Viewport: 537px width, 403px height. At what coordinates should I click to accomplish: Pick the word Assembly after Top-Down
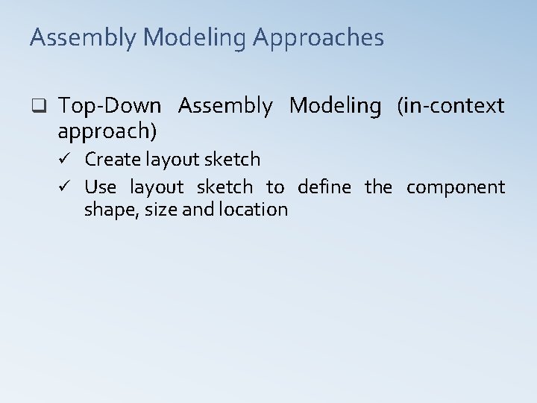(x=226, y=107)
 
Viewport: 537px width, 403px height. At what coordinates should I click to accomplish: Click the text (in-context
(x=450, y=107)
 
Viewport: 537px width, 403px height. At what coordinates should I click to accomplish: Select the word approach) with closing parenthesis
(x=107, y=132)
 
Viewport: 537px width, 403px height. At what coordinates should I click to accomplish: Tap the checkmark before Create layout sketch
(x=67, y=159)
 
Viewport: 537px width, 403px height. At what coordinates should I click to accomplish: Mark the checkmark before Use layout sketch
(x=67, y=187)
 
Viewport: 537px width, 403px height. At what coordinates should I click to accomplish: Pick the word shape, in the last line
(x=108, y=210)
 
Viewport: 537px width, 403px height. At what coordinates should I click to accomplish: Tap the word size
(x=159, y=210)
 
